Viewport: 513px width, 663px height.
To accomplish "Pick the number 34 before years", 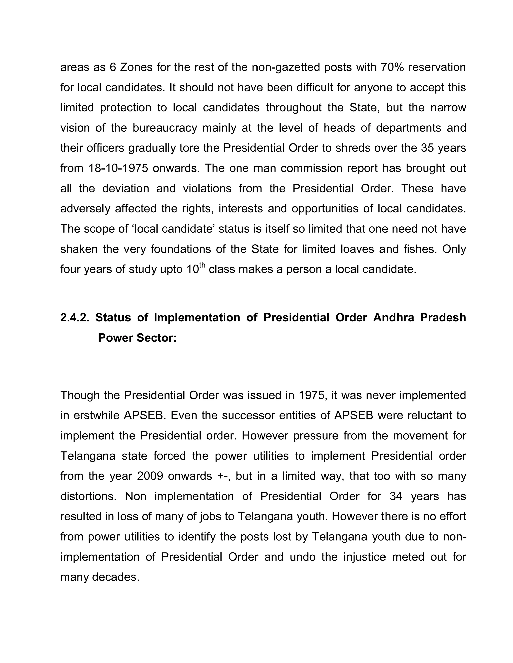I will pos(396,496).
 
